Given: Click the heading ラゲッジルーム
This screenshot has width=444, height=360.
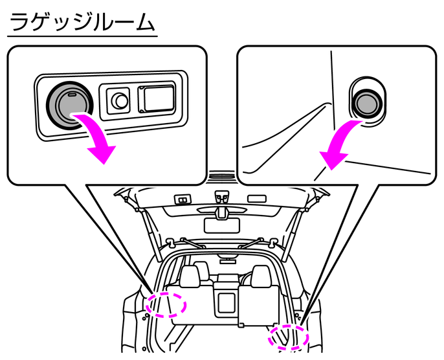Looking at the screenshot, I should (x=82, y=23).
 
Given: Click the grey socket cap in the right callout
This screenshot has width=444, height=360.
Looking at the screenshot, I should (x=366, y=99).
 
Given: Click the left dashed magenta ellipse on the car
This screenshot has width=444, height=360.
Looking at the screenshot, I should (x=166, y=304).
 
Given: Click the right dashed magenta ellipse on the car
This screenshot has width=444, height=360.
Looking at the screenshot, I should (x=289, y=337).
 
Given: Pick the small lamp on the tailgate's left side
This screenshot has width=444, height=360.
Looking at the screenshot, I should (x=183, y=199).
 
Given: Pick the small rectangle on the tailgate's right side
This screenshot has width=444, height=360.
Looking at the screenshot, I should (x=256, y=197).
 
